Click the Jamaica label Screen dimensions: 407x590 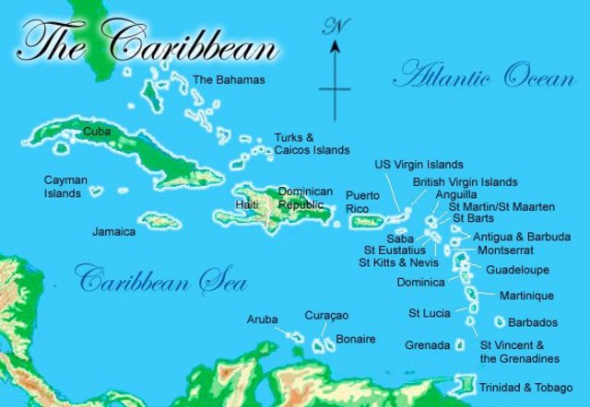[x=113, y=232]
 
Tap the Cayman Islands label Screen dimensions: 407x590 [x=63, y=187]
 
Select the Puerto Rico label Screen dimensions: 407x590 [x=362, y=202]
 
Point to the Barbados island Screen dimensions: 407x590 [x=501, y=322]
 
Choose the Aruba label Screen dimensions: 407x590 [x=262, y=320]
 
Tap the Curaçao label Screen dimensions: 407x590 [x=326, y=316]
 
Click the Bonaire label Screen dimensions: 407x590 [x=355, y=340]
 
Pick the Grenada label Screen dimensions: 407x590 [x=428, y=345]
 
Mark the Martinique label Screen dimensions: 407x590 [x=526, y=296]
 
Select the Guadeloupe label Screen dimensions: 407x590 [x=517, y=270]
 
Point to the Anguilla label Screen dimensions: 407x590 [x=457, y=194]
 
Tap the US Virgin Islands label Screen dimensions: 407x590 [x=419, y=164]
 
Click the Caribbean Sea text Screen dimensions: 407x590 [x=149, y=278]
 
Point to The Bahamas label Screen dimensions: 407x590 [x=228, y=80]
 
